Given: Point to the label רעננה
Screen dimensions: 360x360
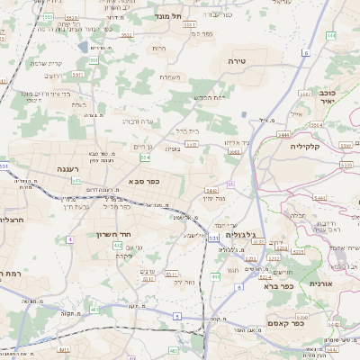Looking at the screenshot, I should [x=67, y=168].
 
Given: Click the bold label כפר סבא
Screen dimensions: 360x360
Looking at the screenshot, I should [x=145, y=182].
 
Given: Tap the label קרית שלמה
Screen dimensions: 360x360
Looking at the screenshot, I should [x=42, y=62].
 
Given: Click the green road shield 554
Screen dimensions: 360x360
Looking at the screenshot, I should [x=144, y=157].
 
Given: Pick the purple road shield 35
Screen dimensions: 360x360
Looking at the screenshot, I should [x=230, y=184].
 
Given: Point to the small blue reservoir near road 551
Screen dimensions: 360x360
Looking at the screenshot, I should [x=83, y=47].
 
